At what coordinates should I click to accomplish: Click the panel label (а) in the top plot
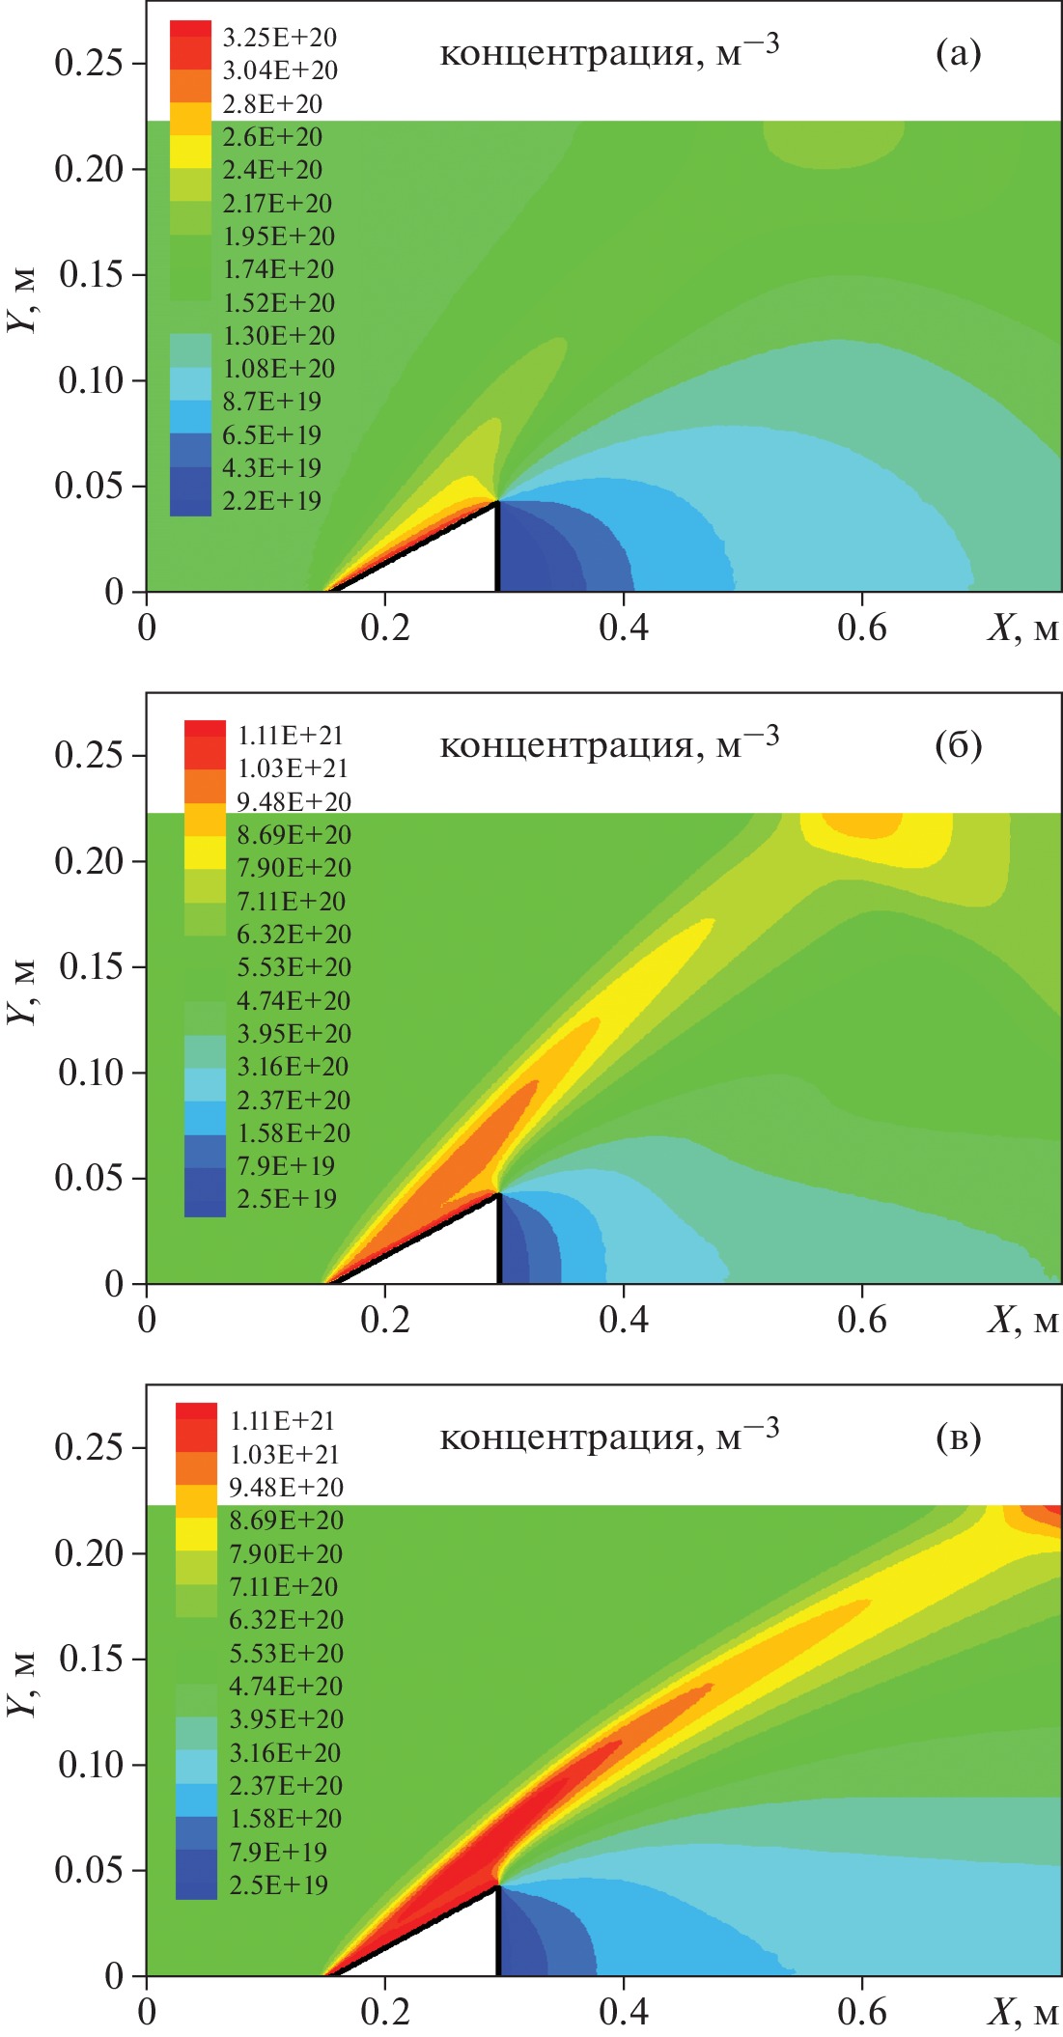[958, 54]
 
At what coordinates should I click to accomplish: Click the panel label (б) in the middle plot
[958, 746]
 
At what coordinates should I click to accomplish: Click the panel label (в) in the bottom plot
[958, 1438]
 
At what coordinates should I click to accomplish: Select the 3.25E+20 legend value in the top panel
[279, 38]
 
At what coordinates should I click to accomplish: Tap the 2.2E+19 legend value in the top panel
[271, 501]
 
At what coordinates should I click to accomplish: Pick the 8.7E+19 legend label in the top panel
[271, 402]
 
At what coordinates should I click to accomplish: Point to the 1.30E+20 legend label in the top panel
[279, 336]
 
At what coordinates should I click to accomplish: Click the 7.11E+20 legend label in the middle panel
[291, 902]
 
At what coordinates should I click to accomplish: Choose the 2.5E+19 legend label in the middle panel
[287, 1199]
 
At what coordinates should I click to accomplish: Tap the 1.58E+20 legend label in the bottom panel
[285, 1819]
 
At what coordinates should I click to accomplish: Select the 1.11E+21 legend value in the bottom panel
[282, 1421]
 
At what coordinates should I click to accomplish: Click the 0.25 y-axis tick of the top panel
[89, 64]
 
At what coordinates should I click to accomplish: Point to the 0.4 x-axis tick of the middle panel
[624, 1320]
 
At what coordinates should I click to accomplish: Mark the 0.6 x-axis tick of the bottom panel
[862, 2012]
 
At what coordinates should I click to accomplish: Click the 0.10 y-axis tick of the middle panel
[89, 1073]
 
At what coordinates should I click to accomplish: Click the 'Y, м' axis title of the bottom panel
[23, 1684]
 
